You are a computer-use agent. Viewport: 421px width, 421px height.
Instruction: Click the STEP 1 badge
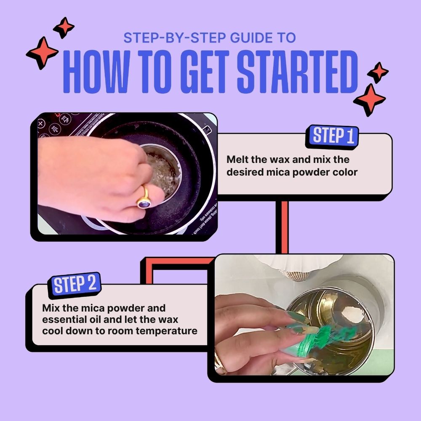[x=333, y=136]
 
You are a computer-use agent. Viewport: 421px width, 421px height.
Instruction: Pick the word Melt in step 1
[x=237, y=160]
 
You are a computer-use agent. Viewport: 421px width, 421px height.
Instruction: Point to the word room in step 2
[x=109, y=331]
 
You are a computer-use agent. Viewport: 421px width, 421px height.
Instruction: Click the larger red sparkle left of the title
[x=42, y=53]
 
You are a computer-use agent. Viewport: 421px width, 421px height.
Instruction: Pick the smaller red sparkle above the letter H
[x=64, y=27]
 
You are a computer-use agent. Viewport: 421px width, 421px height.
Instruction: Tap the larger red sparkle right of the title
[x=369, y=99]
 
